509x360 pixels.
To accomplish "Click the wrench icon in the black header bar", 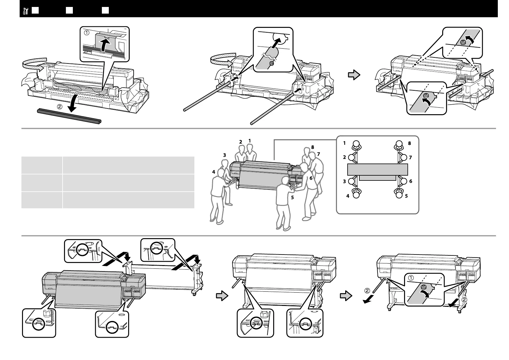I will [26, 11].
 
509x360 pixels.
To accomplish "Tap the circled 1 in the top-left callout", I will [87, 33].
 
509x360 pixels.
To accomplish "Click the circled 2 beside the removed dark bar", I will [60, 106].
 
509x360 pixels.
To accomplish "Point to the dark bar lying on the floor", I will [69, 116].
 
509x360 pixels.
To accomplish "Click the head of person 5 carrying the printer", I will [285, 181].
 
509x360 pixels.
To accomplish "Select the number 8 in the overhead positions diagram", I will [410, 143].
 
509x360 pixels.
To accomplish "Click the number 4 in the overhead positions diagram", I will [348, 196].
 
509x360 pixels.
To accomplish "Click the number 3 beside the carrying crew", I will [225, 155].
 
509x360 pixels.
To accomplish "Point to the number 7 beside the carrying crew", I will [318, 154].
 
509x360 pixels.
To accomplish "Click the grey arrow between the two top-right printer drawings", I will [354, 75].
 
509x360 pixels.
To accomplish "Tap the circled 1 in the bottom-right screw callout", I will [411, 278].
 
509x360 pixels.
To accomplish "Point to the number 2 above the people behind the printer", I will [241, 142].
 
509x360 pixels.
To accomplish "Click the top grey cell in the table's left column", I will [42, 165].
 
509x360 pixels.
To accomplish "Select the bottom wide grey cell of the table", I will [128, 200].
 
